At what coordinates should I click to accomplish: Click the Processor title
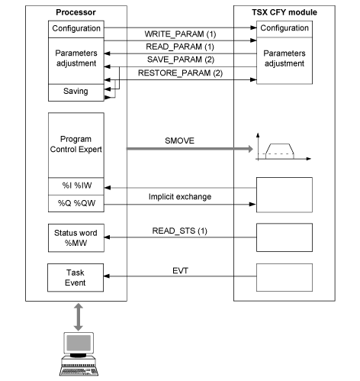tap(76, 12)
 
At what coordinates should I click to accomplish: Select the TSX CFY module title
tap(284, 12)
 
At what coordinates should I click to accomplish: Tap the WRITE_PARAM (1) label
tap(180, 34)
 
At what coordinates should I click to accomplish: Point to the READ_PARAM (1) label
tap(180, 47)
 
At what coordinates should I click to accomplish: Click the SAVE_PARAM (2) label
tap(181, 60)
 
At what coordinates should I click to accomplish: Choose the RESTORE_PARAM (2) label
tap(180, 73)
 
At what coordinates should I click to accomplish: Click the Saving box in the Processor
tap(76, 92)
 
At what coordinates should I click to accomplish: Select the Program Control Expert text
tap(76, 144)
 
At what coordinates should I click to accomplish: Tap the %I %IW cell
tap(76, 186)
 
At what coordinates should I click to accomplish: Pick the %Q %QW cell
tap(76, 203)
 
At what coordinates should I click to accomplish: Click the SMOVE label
tap(179, 140)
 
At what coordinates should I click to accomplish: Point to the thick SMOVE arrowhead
tap(250, 149)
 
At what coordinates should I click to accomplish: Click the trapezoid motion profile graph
tap(283, 147)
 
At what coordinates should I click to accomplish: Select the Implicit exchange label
tap(180, 197)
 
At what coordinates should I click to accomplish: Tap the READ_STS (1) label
tap(179, 231)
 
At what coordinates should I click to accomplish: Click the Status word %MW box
tap(76, 238)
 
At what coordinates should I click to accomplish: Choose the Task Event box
tap(76, 278)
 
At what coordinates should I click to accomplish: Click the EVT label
tap(180, 270)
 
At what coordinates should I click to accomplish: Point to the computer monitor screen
tap(79, 343)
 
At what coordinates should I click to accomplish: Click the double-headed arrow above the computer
tap(79, 317)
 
